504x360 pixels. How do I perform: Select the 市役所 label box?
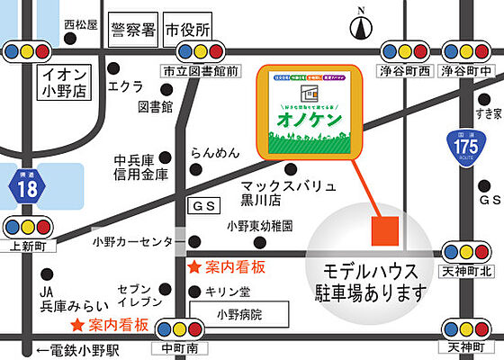(x=188, y=30)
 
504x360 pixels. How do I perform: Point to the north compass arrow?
(x=362, y=26)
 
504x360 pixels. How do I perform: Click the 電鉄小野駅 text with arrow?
(x=73, y=349)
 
